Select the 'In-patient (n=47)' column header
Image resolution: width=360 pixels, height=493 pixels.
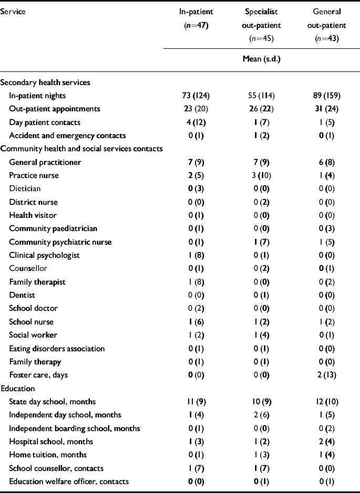click(x=196, y=18)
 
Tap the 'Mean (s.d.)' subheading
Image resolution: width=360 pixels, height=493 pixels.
click(x=261, y=59)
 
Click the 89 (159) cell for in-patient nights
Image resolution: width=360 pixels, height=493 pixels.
click(x=327, y=96)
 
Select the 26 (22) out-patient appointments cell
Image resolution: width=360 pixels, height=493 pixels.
click(x=261, y=109)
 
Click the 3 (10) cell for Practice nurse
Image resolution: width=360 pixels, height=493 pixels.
click(x=261, y=175)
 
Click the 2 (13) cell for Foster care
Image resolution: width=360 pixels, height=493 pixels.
click(x=327, y=375)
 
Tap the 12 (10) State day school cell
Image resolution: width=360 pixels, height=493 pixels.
click(x=327, y=402)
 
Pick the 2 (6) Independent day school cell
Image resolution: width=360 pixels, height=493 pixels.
click(x=261, y=415)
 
